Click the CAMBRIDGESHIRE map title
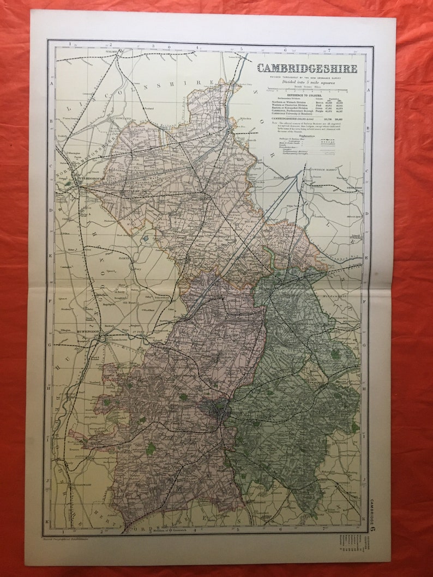click(x=307, y=69)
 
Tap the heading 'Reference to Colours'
click(x=307, y=95)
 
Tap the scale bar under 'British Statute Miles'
click(x=307, y=90)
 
